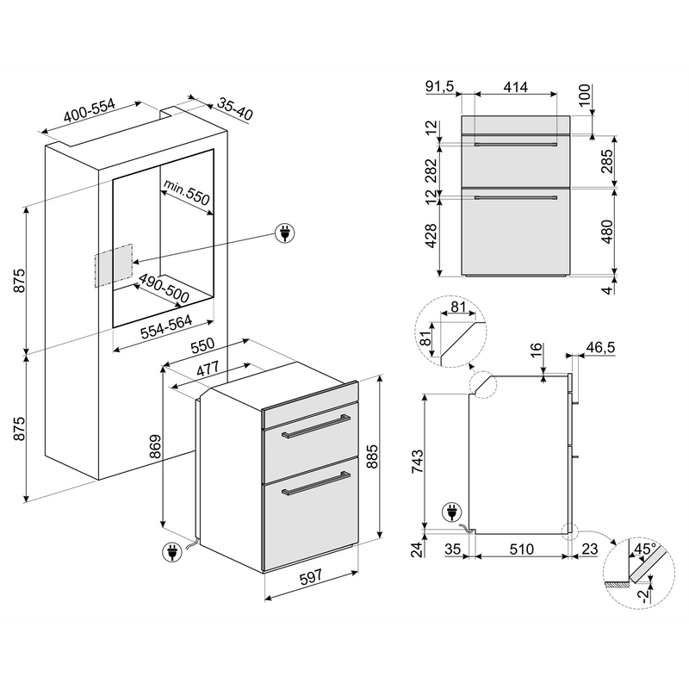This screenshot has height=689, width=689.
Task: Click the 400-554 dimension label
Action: [x=90, y=111]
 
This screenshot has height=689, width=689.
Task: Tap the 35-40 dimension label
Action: [x=235, y=109]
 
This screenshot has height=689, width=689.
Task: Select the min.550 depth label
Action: [x=186, y=192]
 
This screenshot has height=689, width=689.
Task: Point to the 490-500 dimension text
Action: [x=164, y=289]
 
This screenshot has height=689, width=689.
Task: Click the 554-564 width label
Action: [x=166, y=327]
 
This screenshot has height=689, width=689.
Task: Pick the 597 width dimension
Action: [x=311, y=576]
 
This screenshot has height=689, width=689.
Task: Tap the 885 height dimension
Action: [x=372, y=456]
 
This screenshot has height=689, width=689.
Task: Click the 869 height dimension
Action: [x=155, y=447]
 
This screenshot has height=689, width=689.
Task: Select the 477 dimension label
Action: [x=208, y=369]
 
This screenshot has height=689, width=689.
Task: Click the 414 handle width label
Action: [x=515, y=87]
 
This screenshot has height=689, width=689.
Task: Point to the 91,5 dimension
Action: [x=439, y=87]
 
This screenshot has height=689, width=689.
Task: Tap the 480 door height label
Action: [x=607, y=232]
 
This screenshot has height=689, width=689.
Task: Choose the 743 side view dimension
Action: [x=417, y=461]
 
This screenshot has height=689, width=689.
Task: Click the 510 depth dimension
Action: [x=522, y=549]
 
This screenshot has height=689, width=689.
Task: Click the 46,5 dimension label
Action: [x=600, y=347]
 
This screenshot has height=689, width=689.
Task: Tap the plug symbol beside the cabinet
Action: [x=285, y=233]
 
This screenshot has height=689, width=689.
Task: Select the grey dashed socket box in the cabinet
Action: [x=113, y=265]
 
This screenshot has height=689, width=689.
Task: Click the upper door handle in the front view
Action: [x=515, y=144]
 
